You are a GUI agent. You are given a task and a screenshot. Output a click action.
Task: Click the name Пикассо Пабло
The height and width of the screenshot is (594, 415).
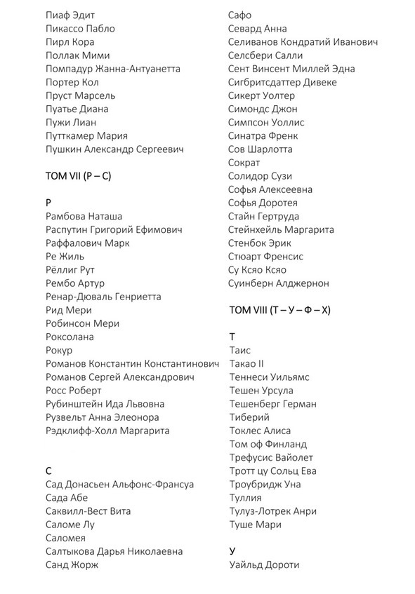[x=79, y=29]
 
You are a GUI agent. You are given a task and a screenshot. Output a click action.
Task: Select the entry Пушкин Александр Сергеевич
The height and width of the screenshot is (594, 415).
[x=114, y=149]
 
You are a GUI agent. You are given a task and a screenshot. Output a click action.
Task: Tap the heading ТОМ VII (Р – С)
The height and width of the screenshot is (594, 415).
[x=78, y=176]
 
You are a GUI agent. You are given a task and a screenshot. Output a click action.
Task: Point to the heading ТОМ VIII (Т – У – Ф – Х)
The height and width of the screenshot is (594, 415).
[x=279, y=310]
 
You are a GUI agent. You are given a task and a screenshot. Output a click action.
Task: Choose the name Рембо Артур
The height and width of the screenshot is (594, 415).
[x=74, y=283]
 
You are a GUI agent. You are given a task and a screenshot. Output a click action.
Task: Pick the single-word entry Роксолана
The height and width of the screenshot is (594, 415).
[x=70, y=337]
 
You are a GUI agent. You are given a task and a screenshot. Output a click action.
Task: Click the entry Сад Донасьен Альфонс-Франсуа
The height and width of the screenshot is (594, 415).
[x=119, y=485]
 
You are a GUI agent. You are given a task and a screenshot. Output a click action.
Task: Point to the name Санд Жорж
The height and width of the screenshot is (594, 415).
[x=72, y=565]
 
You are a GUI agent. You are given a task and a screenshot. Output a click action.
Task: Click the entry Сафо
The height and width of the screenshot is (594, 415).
[x=240, y=15]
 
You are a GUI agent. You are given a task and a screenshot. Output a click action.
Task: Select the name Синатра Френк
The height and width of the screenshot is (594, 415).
[x=263, y=136]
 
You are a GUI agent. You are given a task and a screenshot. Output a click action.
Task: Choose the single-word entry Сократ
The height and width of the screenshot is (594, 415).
[x=244, y=163]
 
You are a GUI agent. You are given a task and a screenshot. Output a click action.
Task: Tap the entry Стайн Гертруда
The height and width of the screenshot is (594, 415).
[x=263, y=217]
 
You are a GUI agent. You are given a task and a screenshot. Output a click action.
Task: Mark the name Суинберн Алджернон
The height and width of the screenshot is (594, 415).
[x=278, y=283]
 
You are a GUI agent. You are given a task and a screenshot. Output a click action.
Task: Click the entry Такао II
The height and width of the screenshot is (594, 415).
[x=246, y=364]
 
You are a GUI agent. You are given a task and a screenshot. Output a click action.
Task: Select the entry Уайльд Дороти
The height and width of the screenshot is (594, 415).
[x=264, y=565]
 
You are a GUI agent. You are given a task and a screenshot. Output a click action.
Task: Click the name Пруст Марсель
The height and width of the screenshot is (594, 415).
[x=80, y=95]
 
